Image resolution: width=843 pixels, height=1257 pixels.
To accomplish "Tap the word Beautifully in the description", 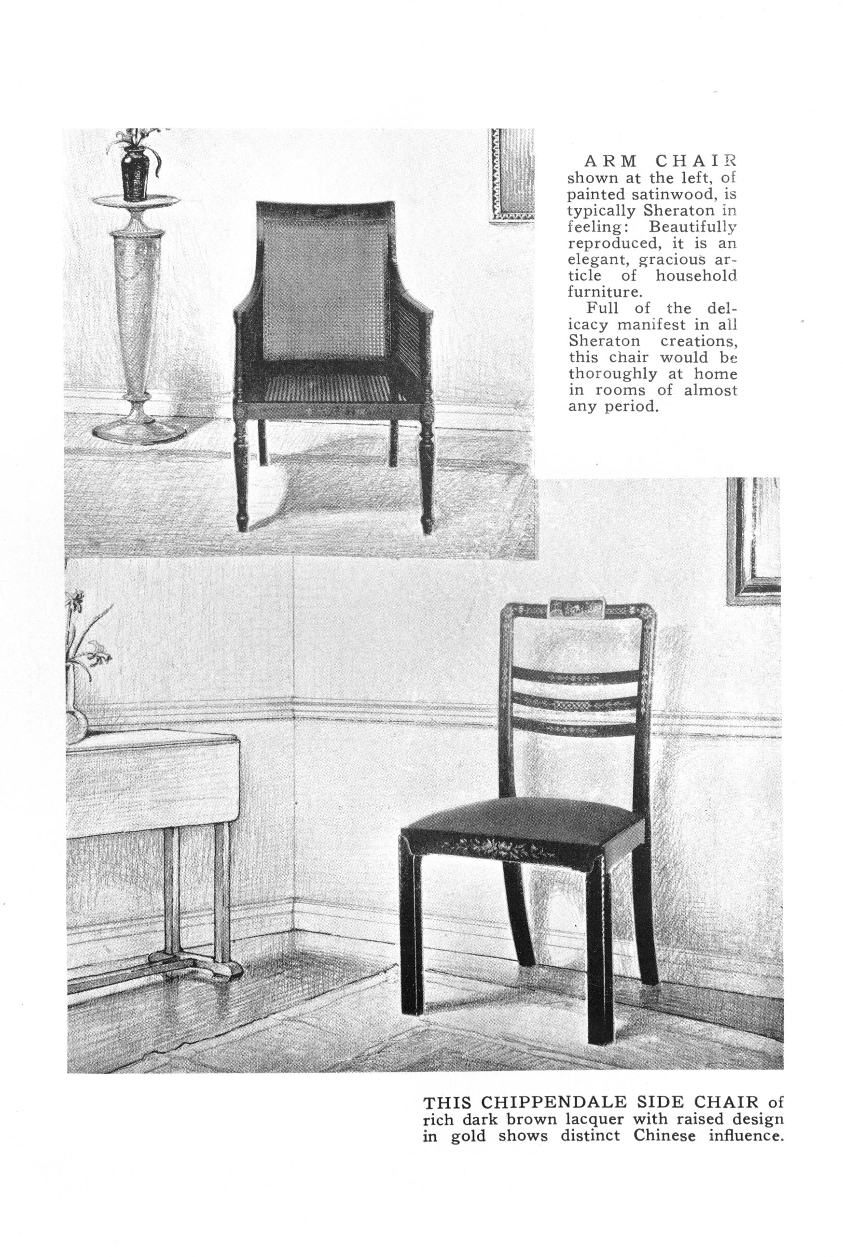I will [x=692, y=227].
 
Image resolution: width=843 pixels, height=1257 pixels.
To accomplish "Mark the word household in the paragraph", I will [x=696, y=276].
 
